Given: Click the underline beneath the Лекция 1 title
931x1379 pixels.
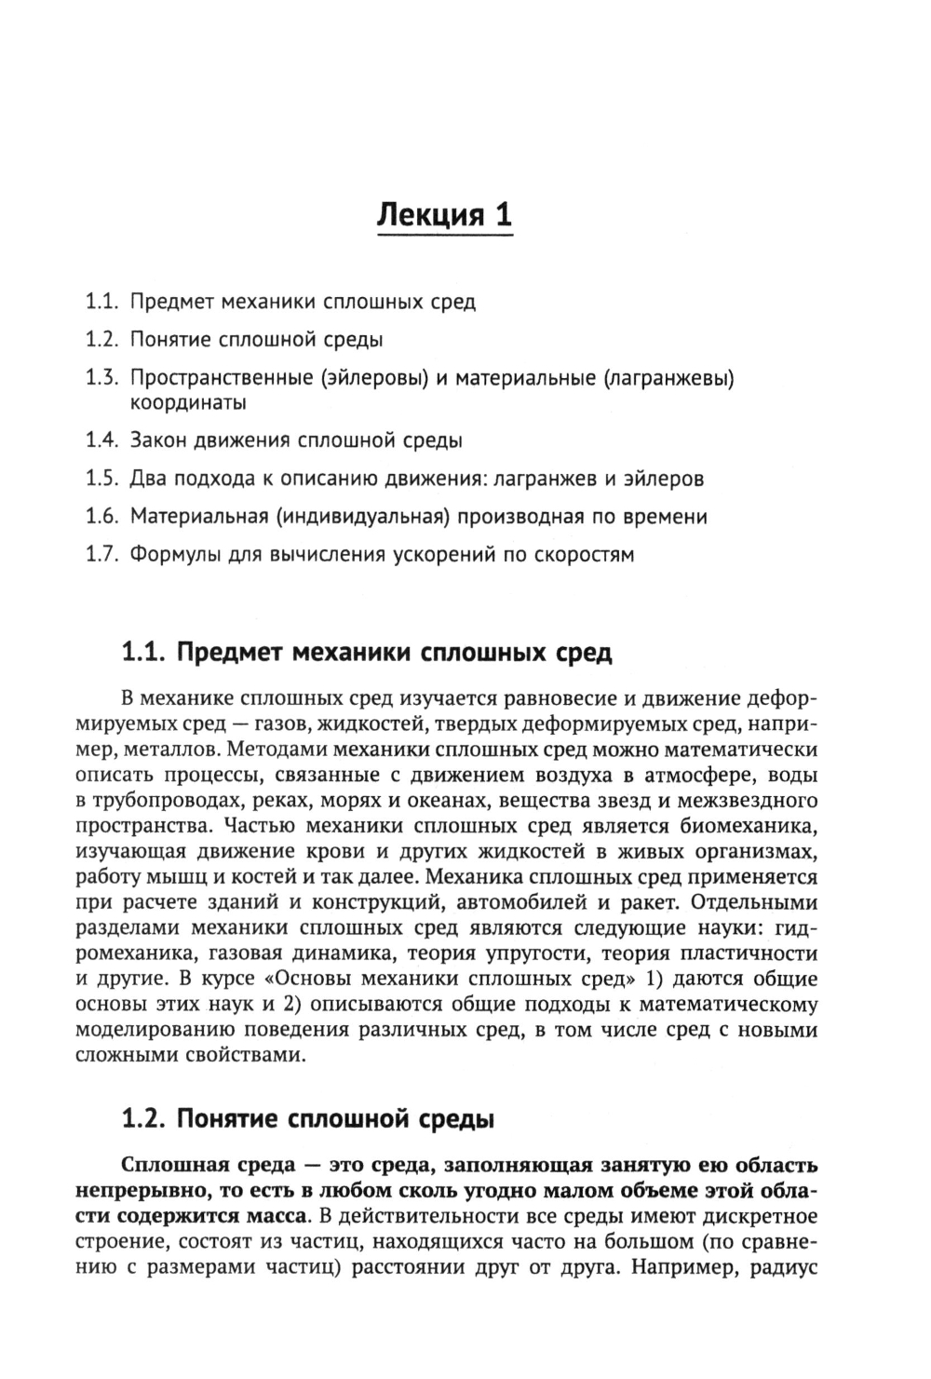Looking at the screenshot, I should [x=445, y=238].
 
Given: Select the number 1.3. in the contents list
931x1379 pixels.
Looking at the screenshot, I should [x=101, y=378].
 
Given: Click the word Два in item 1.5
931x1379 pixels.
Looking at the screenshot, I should [x=147, y=479].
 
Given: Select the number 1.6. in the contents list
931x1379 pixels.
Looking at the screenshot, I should [x=101, y=517].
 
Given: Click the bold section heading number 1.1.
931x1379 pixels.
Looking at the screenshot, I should [x=144, y=652].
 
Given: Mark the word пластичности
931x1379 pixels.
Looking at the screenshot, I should [x=747, y=953].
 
